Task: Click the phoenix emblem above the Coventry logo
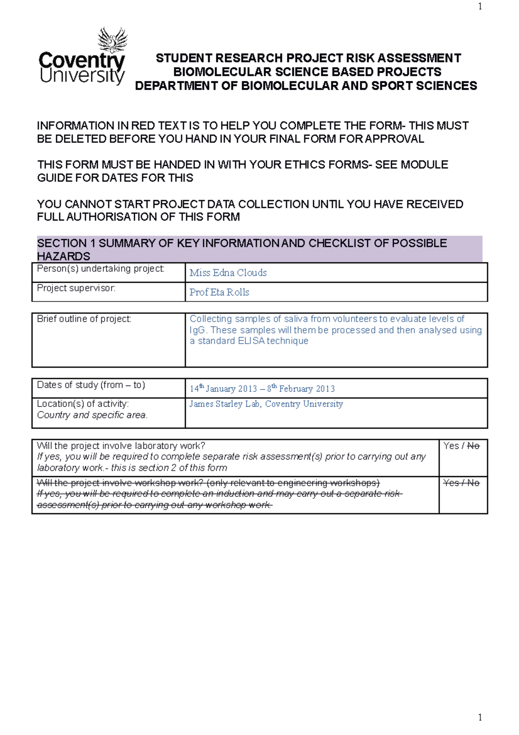click(x=112, y=40)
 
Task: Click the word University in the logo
click(x=82, y=76)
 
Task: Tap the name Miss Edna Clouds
click(x=228, y=273)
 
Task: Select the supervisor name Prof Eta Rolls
click(x=219, y=292)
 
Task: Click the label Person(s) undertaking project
click(x=101, y=269)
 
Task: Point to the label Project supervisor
click(x=76, y=288)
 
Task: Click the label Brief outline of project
click(x=84, y=319)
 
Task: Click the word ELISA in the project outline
click(x=251, y=341)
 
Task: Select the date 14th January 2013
click(x=223, y=389)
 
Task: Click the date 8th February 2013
click(x=301, y=389)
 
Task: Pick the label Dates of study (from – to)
click(x=91, y=385)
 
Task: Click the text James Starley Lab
click(x=224, y=404)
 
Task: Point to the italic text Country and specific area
click(x=92, y=415)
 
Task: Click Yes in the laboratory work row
click(x=451, y=446)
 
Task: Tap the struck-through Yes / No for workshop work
click(x=461, y=483)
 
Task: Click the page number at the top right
click(x=480, y=6)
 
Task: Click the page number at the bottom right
click(x=480, y=717)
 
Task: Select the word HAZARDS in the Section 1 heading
click(x=64, y=256)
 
